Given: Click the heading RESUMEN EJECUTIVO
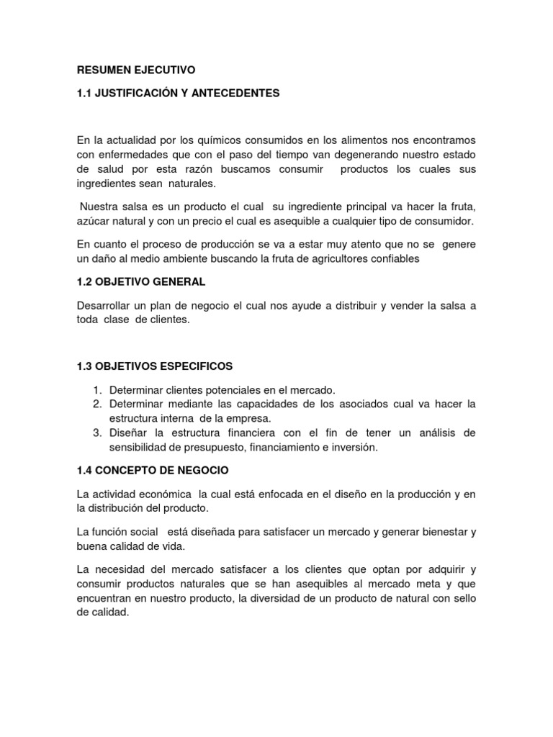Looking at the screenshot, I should point(135,70).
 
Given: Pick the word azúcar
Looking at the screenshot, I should point(96,220).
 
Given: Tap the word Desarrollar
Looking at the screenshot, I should point(105,305).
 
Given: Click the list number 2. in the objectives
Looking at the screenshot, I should point(99,403).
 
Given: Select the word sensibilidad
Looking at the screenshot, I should point(142,447).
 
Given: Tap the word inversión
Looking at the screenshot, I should point(355,447).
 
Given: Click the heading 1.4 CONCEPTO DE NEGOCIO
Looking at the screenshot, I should point(152,470).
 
